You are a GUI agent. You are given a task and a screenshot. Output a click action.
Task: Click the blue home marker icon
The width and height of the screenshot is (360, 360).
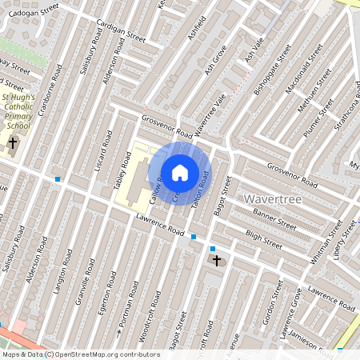[180, 172]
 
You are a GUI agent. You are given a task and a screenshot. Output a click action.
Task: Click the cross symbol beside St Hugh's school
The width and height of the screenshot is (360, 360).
[12, 144]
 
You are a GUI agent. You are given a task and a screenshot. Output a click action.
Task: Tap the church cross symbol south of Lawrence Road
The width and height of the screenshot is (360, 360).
[216, 261]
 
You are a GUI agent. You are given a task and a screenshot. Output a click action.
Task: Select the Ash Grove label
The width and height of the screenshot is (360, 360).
[216, 61]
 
